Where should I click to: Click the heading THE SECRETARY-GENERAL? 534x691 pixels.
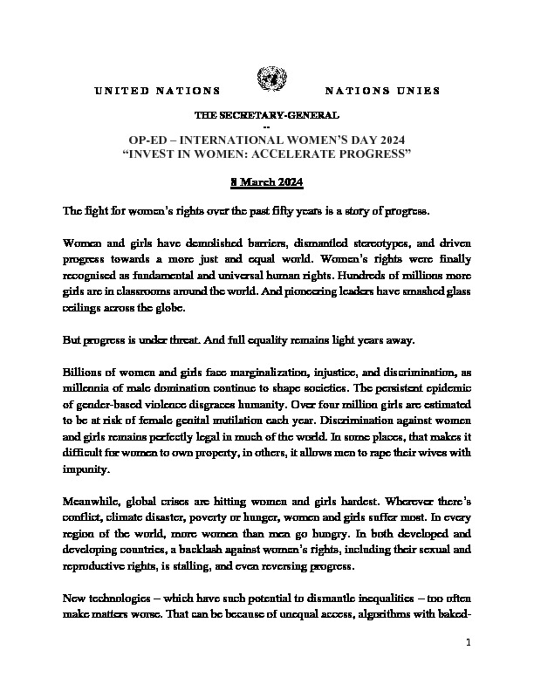[x=267, y=115]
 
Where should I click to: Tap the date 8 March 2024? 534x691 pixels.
[x=267, y=181]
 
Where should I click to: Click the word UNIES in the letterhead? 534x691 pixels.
[x=421, y=91]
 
